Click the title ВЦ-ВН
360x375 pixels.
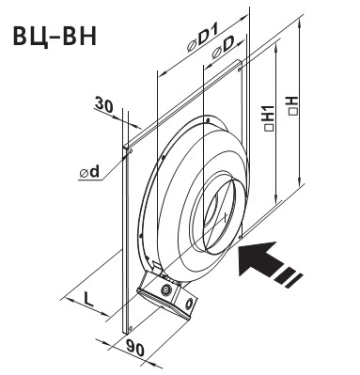point(55,37)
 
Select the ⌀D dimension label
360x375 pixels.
point(223,50)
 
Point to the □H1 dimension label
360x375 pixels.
point(269,117)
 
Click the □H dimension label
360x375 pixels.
point(293,105)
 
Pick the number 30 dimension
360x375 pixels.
point(103,105)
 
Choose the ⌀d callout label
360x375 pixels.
point(89,173)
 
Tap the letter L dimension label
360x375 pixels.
point(88,300)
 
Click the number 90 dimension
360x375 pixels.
point(135,349)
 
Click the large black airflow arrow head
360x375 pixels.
point(258,258)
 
